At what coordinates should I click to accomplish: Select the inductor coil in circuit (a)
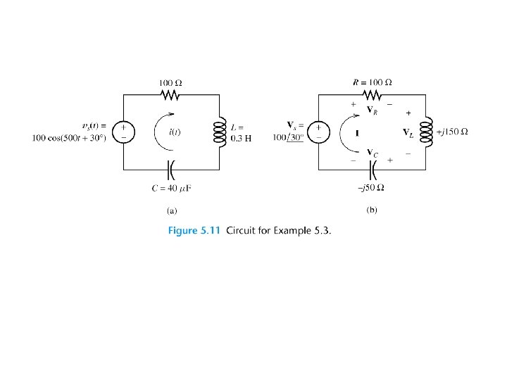(x=218, y=130)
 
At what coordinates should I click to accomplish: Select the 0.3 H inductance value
(x=241, y=137)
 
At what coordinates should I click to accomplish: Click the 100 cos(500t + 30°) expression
(x=69, y=137)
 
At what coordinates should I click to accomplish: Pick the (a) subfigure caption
(x=171, y=210)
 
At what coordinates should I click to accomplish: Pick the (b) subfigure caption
(x=372, y=210)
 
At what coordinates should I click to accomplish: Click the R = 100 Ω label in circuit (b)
(x=371, y=82)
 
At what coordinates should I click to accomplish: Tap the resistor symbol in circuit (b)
(x=371, y=94)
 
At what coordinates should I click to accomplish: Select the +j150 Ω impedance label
(x=453, y=132)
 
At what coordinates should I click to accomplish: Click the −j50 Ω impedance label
(x=371, y=187)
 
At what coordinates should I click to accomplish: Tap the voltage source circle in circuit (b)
(x=318, y=131)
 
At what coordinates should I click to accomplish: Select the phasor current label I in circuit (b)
(x=358, y=132)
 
